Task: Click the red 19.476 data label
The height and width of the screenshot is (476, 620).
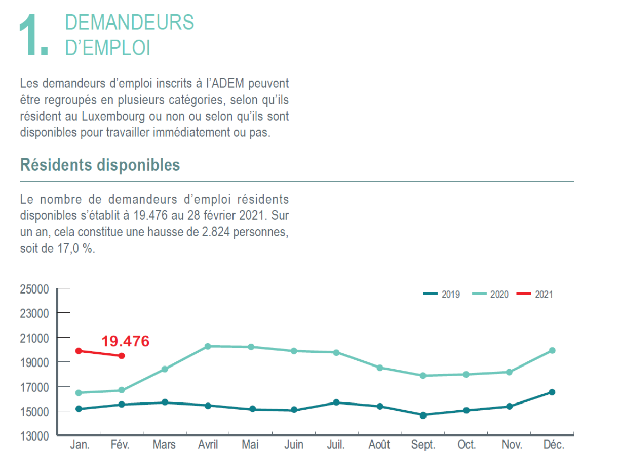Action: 125,341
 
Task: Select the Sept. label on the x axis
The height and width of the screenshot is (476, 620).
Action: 423,445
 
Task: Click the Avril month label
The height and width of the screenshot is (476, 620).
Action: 208,445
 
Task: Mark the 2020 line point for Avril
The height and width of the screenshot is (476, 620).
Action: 208,346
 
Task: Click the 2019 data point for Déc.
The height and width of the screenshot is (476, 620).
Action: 552,392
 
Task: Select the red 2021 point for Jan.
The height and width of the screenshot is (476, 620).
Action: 79,351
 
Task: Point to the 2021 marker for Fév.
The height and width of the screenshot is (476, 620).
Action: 122,356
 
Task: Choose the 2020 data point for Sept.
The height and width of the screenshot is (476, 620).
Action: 423,376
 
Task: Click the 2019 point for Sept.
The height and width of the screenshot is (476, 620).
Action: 423,415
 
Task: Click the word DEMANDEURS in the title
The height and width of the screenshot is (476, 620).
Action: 130,23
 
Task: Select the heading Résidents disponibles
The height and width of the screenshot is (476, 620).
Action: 100,165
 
